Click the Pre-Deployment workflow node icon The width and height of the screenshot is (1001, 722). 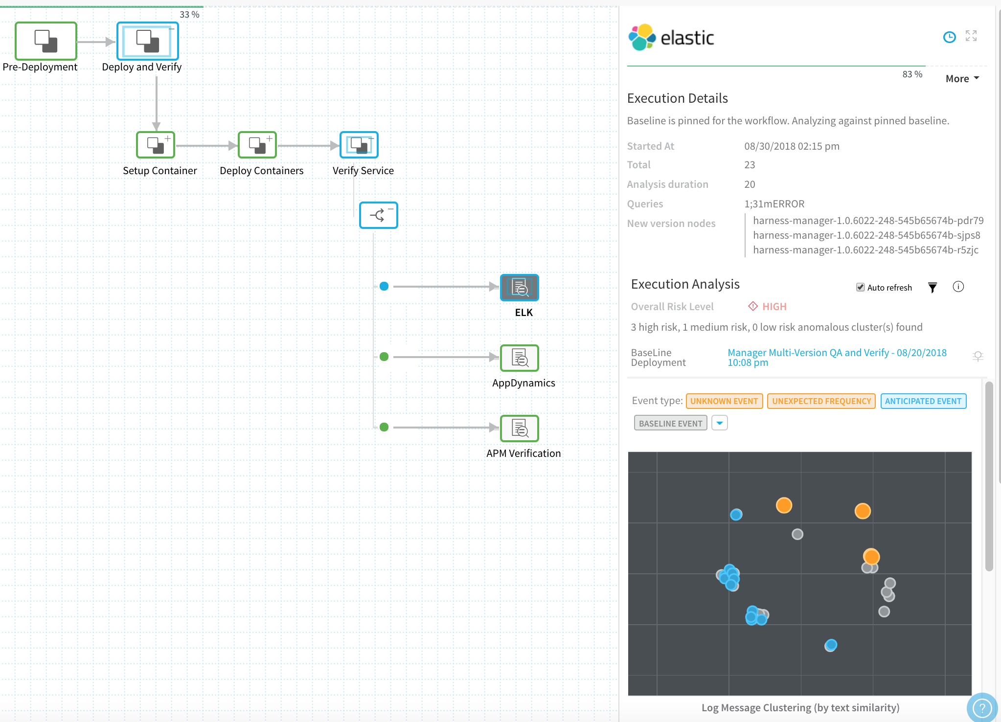(46, 41)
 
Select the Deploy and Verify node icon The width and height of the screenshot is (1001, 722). (147, 41)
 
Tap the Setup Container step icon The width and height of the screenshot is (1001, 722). (156, 145)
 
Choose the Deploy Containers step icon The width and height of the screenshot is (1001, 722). (257, 145)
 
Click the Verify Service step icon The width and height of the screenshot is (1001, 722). (359, 145)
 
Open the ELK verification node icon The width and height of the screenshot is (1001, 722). (520, 288)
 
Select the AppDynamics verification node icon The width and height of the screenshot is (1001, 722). (520, 358)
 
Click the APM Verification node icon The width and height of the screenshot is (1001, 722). (520, 429)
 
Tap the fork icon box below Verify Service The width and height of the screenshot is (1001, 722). (379, 215)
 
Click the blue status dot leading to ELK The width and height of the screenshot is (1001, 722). (384, 286)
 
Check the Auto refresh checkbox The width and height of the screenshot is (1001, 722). (860, 287)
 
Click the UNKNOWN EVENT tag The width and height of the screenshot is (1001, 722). (724, 401)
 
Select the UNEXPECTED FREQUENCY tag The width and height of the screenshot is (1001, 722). (821, 401)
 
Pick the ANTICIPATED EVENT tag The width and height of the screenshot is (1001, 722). (923, 401)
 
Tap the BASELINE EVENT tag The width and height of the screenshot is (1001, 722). (671, 423)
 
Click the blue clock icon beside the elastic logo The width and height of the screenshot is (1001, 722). (949, 37)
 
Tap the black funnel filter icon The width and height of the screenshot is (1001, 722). (933, 288)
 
